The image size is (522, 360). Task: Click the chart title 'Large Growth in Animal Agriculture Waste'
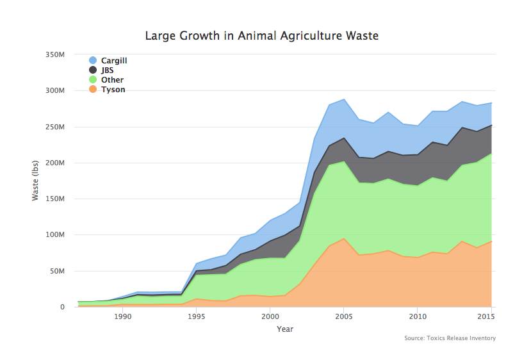click(x=261, y=36)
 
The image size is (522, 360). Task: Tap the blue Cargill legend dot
click(x=93, y=60)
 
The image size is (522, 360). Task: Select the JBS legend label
click(x=108, y=70)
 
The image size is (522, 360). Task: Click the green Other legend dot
click(x=93, y=79)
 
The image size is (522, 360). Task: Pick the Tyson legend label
click(x=113, y=90)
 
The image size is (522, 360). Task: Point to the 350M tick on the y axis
click(x=55, y=55)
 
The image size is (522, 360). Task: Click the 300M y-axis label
click(x=55, y=91)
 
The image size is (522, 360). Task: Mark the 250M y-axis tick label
click(x=55, y=127)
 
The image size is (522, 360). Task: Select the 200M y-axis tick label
click(x=55, y=163)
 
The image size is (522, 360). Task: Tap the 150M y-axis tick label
click(x=55, y=199)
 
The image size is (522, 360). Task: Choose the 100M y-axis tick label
click(x=55, y=235)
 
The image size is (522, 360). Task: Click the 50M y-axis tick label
click(x=57, y=271)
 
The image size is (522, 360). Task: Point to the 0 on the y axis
click(x=62, y=307)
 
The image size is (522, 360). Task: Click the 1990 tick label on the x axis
click(x=122, y=316)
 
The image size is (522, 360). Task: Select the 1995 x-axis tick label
click(x=196, y=316)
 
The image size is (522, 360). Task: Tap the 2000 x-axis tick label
click(x=270, y=316)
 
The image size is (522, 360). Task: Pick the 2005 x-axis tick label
click(x=343, y=316)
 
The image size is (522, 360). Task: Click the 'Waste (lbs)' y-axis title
click(x=36, y=181)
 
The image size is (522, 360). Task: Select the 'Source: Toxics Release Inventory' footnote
click(x=450, y=338)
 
